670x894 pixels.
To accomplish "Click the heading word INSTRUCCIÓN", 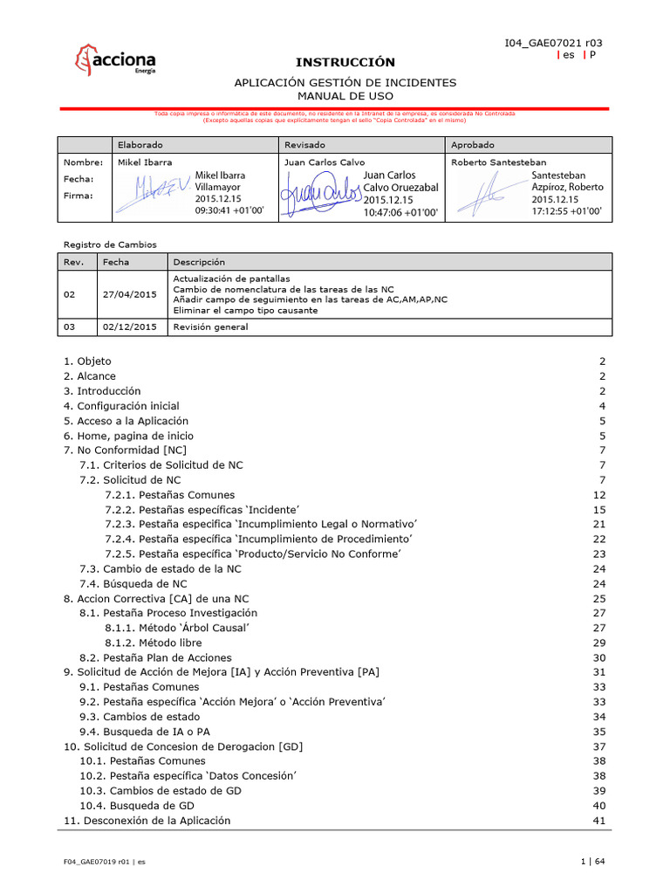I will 345,62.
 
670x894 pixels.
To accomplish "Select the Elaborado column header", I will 140,144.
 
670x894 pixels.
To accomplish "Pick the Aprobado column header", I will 473,144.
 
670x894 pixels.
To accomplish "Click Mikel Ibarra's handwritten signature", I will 154,191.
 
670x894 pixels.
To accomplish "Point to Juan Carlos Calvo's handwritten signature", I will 319,193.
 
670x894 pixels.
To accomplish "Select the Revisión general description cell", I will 210,327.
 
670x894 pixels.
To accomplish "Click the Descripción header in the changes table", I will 199,262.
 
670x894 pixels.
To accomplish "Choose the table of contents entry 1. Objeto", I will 87,361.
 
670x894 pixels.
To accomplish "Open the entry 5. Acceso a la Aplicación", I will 126,421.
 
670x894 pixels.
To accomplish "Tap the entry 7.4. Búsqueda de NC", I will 133,583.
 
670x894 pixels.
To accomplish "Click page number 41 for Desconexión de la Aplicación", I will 598,821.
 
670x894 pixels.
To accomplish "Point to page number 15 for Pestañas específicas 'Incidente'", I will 598,509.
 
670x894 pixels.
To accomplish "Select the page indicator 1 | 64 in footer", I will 592,862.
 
